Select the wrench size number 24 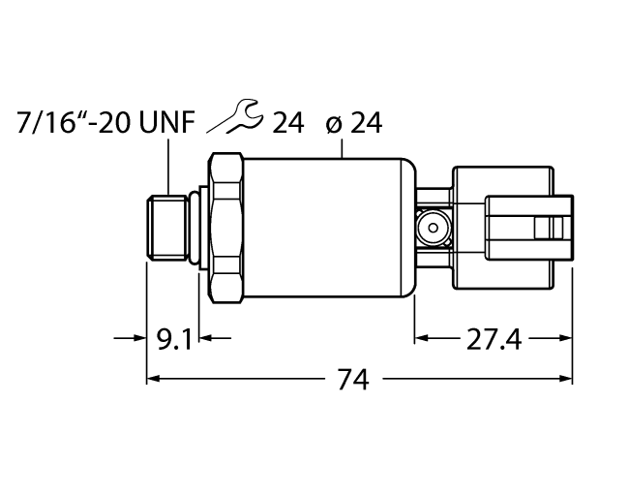pos(287,123)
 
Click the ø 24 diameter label pos(354,123)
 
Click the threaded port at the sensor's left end pos(166,229)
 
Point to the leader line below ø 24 pos(345,147)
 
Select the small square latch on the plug pos(554,229)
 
